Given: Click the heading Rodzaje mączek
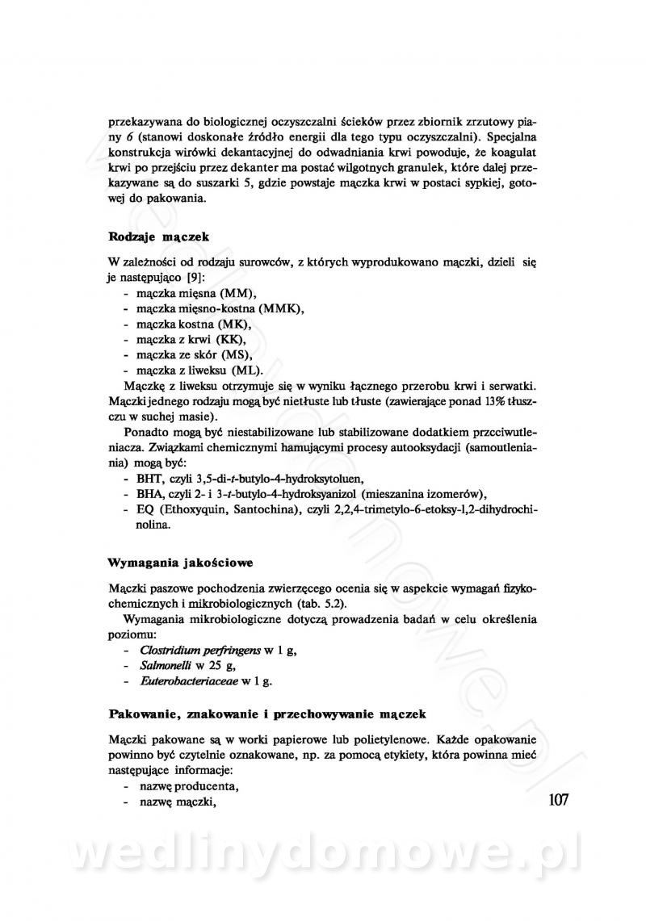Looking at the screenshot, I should tap(157, 237).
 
